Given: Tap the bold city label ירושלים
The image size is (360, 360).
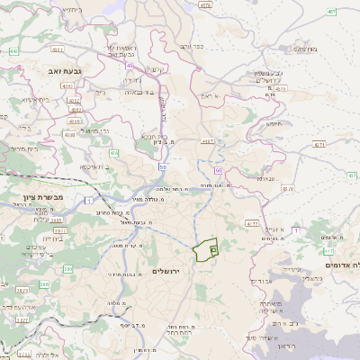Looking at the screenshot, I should pyautogui.click(x=168, y=270).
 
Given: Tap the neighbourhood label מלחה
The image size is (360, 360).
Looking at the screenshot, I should pyautogui.click(x=112, y=304).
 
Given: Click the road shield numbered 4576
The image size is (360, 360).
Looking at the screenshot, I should pyautogui.click(x=205, y=4).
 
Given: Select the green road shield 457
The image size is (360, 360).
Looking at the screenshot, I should pyautogui.click(x=331, y=12).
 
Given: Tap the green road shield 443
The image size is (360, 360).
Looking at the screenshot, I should pyautogui.click(x=13, y=51).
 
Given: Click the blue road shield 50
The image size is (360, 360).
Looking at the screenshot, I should pyautogui.click(x=162, y=166).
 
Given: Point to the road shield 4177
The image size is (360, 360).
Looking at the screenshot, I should pyautogui.click(x=252, y=221).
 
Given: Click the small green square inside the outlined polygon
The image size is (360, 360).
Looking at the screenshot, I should pyautogui.click(x=213, y=248).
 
